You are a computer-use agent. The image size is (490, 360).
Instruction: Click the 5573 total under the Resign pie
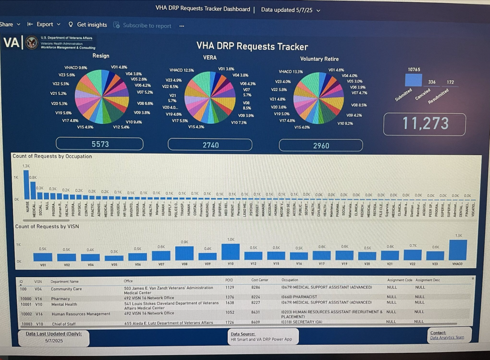point(100,144)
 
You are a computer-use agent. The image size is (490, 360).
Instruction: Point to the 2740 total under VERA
point(210,145)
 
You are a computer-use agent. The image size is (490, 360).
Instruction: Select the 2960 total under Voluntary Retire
point(321,145)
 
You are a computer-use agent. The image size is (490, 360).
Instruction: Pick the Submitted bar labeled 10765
point(413,79)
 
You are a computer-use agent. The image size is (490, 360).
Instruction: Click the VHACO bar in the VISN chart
point(458,250)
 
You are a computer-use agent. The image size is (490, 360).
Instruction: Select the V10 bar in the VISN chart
point(230,251)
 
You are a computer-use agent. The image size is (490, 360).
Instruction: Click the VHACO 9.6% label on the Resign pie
point(76,68)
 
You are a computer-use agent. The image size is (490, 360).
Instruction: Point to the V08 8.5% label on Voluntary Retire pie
point(359,105)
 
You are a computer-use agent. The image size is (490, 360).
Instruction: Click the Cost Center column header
point(260,280)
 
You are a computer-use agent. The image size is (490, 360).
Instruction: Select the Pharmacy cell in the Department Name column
point(61,299)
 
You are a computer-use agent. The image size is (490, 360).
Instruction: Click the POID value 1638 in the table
point(230,303)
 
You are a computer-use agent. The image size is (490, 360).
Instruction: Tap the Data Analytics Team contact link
point(447,337)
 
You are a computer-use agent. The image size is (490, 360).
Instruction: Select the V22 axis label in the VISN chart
point(412,264)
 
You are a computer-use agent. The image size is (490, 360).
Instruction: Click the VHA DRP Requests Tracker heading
point(252,46)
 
